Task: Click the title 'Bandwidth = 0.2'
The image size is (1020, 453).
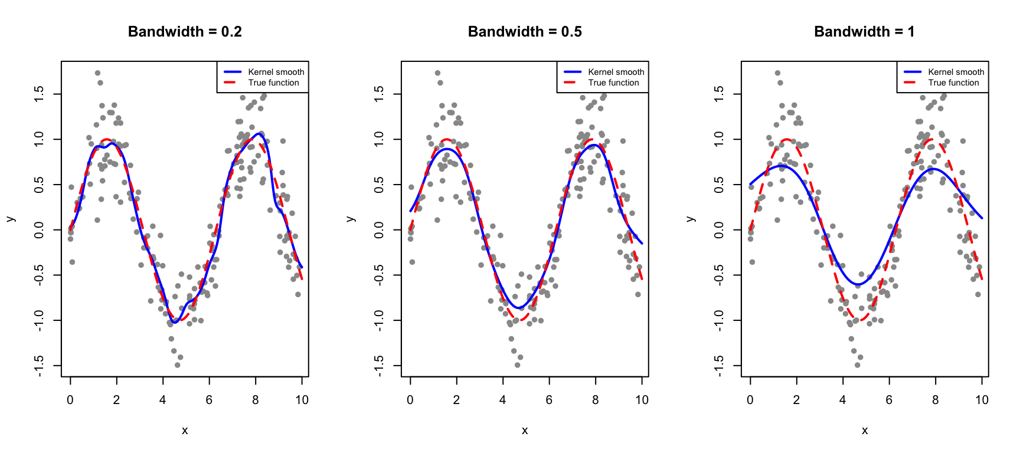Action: point(185,32)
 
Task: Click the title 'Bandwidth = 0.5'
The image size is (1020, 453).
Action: point(525,32)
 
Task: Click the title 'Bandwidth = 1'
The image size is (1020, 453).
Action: point(864,32)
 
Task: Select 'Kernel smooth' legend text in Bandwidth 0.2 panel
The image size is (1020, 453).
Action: point(276,72)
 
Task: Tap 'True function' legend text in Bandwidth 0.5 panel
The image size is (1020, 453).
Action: point(613,83)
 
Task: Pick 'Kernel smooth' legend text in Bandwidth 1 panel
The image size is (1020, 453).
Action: point(956,72)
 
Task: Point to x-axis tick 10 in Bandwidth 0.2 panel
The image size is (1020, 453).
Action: point(302,400)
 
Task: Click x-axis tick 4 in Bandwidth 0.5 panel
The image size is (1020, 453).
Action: point(503,400)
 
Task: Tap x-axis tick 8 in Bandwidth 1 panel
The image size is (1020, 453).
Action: point(936,400)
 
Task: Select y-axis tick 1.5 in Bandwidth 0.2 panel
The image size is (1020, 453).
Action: point(39,94)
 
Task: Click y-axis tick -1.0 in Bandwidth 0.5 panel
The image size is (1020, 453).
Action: point(379,320)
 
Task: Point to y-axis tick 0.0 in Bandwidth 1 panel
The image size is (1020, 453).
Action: point(719,229)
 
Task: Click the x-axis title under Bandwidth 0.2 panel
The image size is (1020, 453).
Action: point(185,431)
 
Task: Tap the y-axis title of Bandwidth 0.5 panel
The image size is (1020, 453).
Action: point(351,219)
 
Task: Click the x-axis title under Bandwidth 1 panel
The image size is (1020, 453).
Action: point(865,431)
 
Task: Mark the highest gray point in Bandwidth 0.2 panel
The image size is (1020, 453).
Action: point(97,73)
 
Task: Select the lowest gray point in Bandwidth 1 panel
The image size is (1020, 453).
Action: point(857,365)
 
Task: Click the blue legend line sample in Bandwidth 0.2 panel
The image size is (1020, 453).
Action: point(233,72)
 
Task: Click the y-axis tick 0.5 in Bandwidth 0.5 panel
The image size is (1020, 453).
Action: point(379,185)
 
